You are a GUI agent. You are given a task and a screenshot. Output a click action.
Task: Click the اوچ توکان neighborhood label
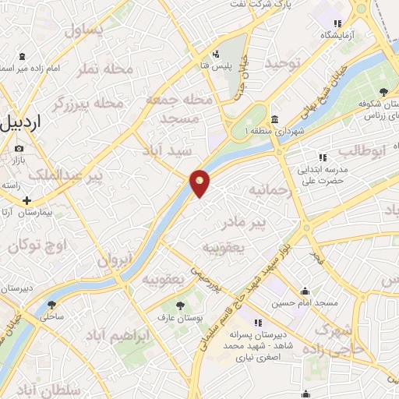tap(38, 247)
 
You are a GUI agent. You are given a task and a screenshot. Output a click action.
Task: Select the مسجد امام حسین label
tap(309, 302)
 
